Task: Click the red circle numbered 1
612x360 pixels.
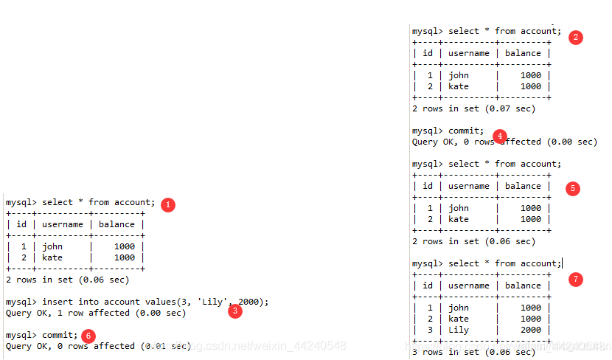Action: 168,204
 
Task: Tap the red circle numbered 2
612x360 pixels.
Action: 575,37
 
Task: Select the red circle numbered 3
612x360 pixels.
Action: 234,311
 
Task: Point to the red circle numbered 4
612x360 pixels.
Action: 500,136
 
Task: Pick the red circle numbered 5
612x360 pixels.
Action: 572,188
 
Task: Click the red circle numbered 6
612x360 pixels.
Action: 88,336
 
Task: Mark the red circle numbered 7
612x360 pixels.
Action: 576,280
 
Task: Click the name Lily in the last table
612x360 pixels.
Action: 458,330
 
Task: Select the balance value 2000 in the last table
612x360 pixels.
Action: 530,330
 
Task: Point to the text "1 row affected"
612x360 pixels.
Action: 88,313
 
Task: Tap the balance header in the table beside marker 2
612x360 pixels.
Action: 523,53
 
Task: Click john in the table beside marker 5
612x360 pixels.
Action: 458,208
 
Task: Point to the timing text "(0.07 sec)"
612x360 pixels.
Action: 510,108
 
